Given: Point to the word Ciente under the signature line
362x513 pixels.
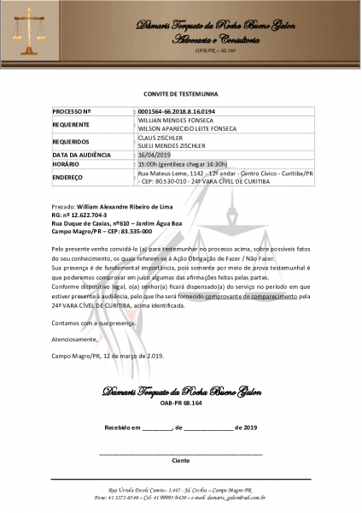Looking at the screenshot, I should click(181, 460).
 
